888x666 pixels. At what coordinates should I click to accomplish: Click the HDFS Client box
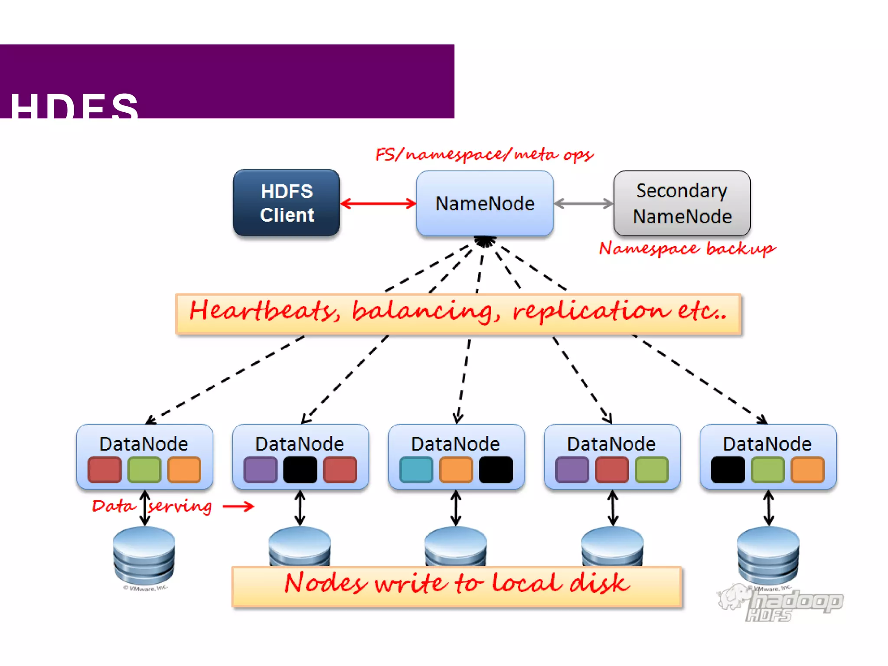(x=286, y=203)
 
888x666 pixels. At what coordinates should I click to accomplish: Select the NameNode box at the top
(x=484, y=203)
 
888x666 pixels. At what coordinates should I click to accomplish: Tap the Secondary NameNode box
(x=682, y=203)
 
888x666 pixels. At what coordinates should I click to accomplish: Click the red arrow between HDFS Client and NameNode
(x=378, y=203)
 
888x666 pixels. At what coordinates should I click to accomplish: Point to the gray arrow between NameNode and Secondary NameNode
(x=583, y=203)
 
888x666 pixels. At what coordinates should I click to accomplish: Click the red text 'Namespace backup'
(x=687, y=248)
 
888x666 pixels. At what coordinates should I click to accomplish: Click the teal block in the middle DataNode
(x=416, y=470)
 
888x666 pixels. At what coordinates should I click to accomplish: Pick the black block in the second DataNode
(x=300, y=470)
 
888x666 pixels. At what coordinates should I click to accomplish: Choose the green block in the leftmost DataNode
(x=144, y=470)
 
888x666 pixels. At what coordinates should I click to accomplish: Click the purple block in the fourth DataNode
(x=572, y=470)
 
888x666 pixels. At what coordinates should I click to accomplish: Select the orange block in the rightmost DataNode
(x=807, y=470)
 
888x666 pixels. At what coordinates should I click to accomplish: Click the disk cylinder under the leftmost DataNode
(x=144, y=555)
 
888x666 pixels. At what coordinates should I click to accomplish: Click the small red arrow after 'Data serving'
(x=238, y=506)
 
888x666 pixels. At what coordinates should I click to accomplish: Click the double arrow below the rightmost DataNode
(x=768, y=508)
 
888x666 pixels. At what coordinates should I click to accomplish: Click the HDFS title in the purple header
(x=74, y=106)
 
